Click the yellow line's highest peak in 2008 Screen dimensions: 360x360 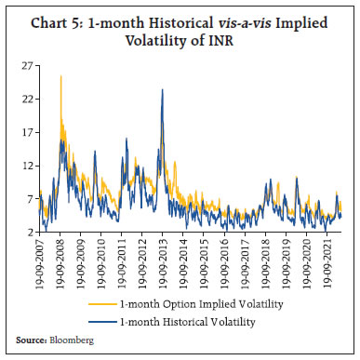click(61, 76)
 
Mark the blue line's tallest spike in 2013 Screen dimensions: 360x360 click(163, 90)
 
